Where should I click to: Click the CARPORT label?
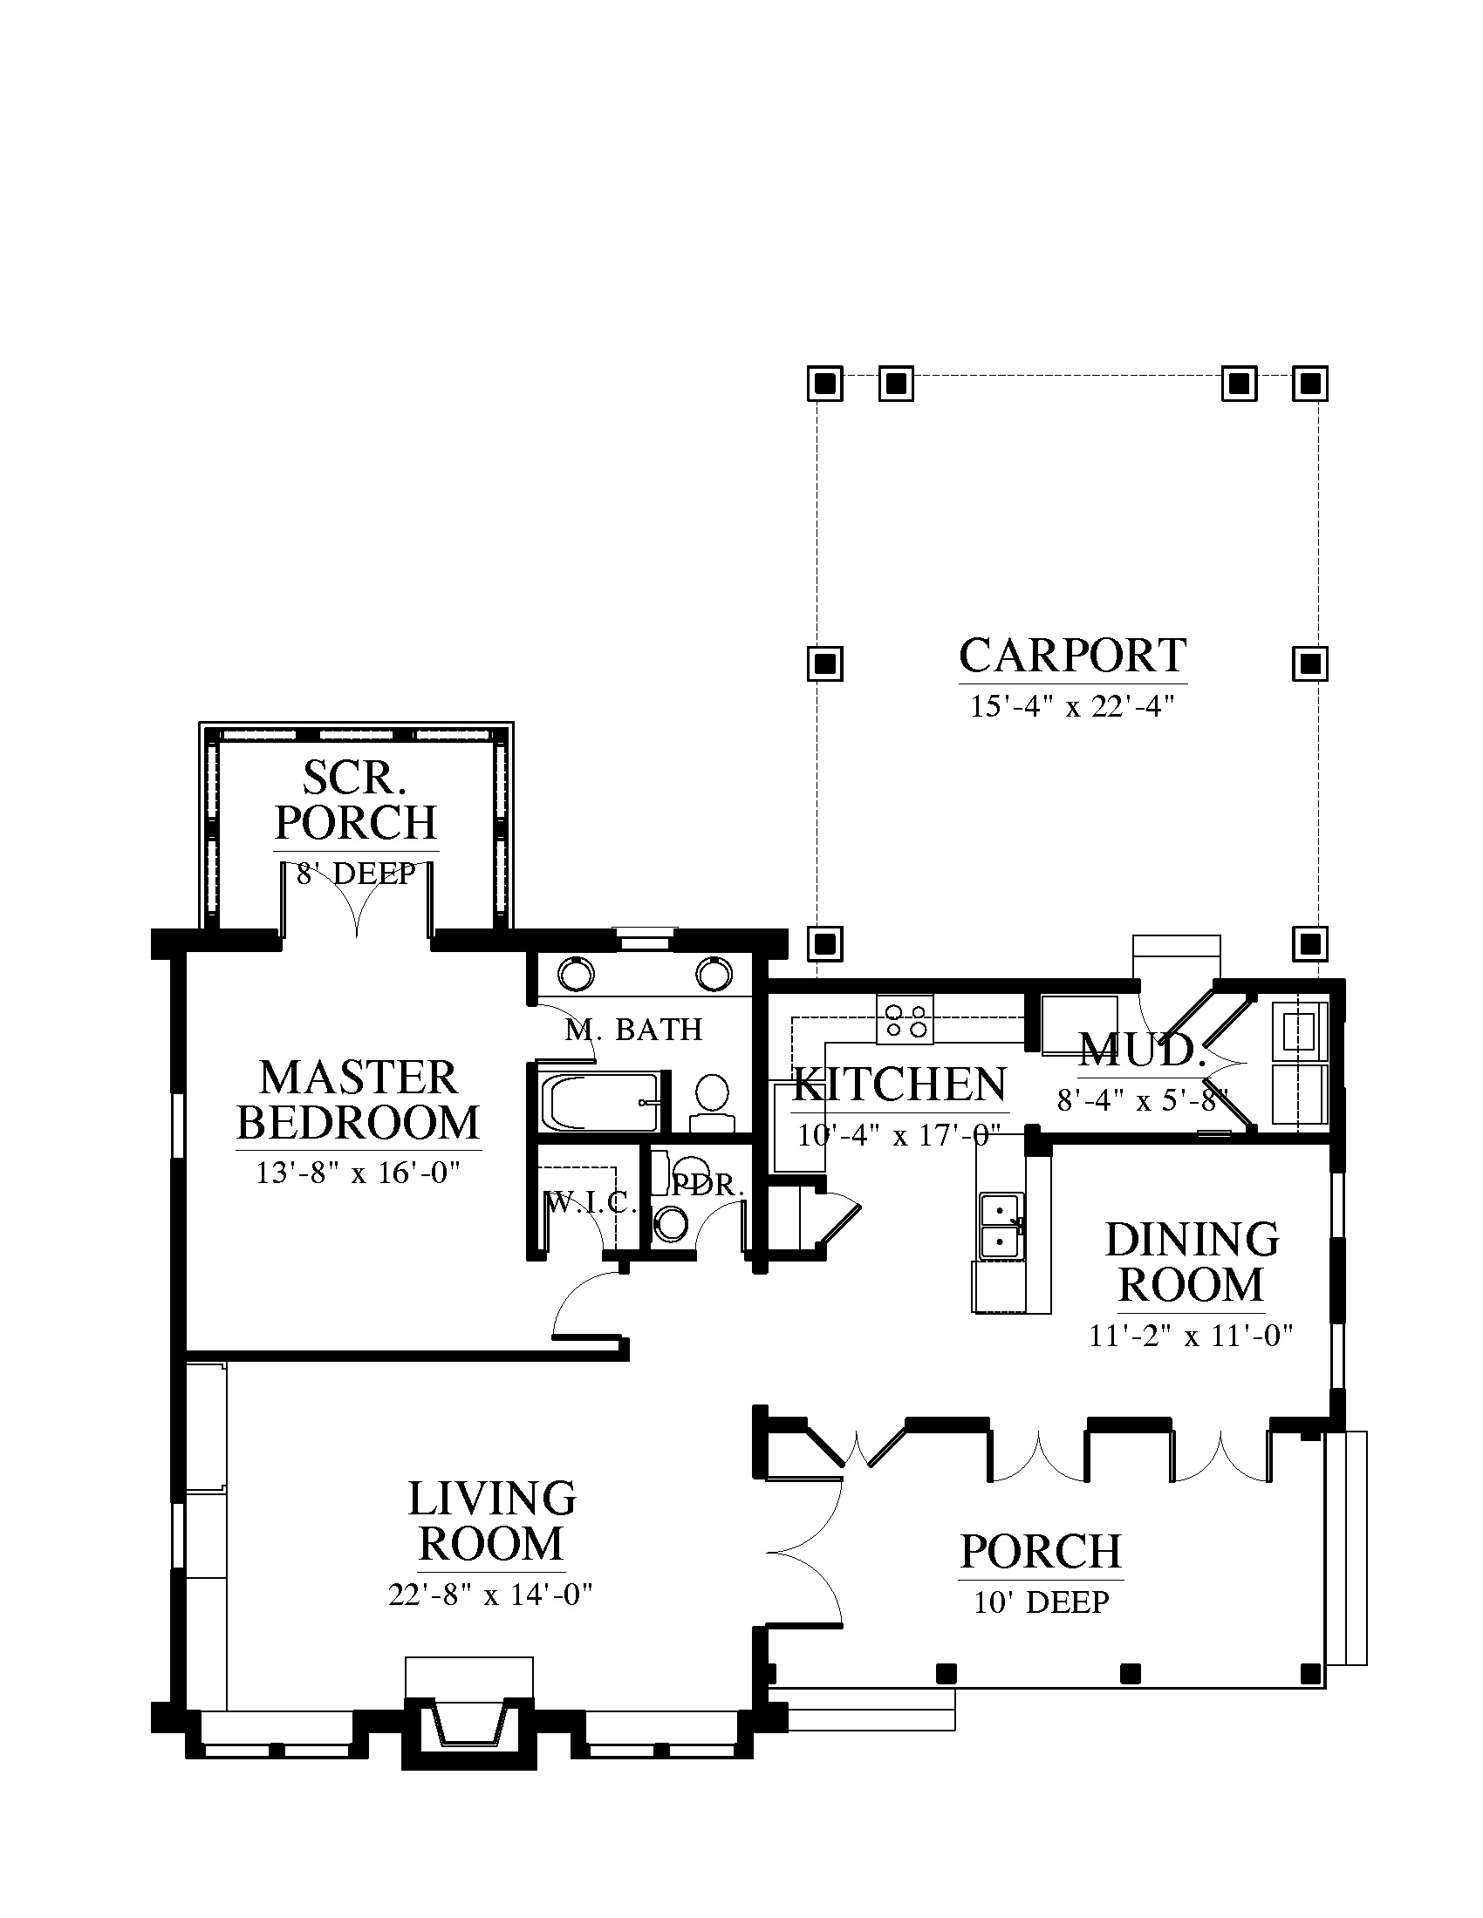[x=1073, y=655]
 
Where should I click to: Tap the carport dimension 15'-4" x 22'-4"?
[x=1073, y=706]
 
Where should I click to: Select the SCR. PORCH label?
[x=356, y=799]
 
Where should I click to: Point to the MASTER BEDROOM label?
[x=359, y=1100]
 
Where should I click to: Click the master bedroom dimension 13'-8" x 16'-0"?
[x=359, y=1173]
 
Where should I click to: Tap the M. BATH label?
[x=633, y=1030]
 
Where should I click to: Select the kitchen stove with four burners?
[x=905, y=1020]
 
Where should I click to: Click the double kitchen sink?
[x=1001, y=1227]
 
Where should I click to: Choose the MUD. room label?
[x=1139, y=1050]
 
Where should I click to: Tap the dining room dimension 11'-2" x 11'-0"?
[x=1192, y=1336]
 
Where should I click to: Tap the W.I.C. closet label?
[x=591, y=1202]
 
